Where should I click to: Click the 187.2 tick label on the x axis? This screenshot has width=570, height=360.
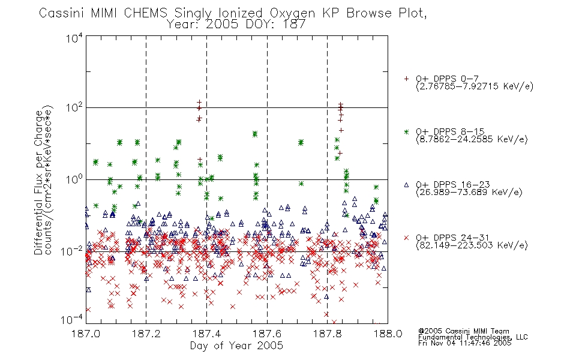[x=146, y=334]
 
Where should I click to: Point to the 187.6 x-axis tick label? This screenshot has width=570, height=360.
[x=267, y=334]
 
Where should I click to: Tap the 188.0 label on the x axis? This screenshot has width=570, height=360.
[x=388, y=334]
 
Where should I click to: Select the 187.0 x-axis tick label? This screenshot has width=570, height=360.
[x=86, y=334]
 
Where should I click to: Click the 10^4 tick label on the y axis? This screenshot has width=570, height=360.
[x=74, y=38]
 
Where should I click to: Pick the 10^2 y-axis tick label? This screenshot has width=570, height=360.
[x=74, y=107]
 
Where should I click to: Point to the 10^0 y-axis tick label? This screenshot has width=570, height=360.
[x=74, y=179]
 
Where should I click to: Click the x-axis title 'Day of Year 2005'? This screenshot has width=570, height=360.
[x=236, y=346]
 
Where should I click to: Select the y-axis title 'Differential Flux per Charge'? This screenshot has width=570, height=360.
[x=38, y=182]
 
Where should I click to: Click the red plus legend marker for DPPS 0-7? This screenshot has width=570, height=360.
[x=406, y=79]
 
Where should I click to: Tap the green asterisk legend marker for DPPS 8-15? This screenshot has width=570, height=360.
[x=406, y=131]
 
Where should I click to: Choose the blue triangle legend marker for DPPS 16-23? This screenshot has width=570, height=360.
[x=406, y=185]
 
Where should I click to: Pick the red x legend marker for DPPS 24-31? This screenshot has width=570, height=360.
[x=406, y=238]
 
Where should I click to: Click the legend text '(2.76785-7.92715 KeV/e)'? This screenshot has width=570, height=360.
[x=475, y=86]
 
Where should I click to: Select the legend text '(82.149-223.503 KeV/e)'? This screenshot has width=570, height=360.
[x=472, y=245]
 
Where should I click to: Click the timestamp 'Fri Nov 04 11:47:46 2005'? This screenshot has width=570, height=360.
[x=464, y=343]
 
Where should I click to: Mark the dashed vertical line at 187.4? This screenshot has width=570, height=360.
[x=207, y=179]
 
